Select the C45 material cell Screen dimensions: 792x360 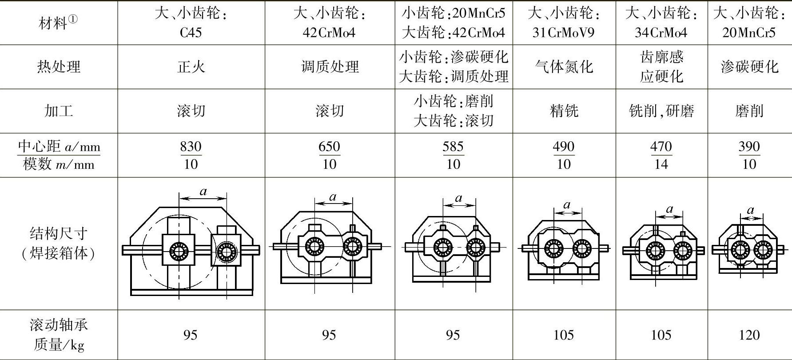(191, 32)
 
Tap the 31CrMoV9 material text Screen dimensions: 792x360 (563, 32)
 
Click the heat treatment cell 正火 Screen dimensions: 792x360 (191, 67)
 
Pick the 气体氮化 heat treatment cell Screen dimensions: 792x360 (564, 67)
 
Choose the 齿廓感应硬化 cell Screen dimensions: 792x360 (661, 67)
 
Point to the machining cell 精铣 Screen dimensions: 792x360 (564, 111)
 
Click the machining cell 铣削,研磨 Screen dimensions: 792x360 (661, 111)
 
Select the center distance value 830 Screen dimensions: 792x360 (191, 146)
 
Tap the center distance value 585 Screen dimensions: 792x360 (453, 146)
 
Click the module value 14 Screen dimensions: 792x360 (661, 164)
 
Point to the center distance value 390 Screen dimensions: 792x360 (749, 146)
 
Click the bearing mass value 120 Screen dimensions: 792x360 (749, 335)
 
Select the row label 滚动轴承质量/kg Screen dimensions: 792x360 (59, 334)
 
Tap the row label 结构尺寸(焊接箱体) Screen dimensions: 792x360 (59, 243)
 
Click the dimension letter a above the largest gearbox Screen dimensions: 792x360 (203, 192)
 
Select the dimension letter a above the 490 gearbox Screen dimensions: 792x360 (566, 205)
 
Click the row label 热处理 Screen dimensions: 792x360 (59, 67)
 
